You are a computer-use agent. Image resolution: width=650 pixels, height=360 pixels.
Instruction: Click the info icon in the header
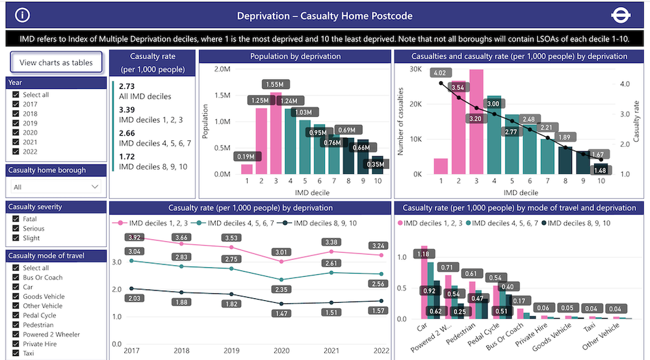(x=23, y=15)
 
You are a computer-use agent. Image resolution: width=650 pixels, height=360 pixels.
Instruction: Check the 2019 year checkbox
(x=16, y=123)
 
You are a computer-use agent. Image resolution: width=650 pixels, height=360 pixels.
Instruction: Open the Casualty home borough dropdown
(x=56, y=186)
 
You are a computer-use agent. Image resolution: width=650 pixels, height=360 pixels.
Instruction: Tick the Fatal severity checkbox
(x=16, y=219)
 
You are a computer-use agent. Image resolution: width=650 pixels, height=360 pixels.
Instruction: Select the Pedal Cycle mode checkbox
(x=16, y=315)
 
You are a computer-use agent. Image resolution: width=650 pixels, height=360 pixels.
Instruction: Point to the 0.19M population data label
(x=246, y=157)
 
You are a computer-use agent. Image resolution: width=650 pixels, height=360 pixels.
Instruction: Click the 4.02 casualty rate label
(x=440, y=72)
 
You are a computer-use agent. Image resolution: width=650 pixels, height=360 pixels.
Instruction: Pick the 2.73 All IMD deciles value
(x=127, y=86)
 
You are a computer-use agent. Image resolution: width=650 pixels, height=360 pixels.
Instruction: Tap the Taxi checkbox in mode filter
(x=16, y=354)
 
